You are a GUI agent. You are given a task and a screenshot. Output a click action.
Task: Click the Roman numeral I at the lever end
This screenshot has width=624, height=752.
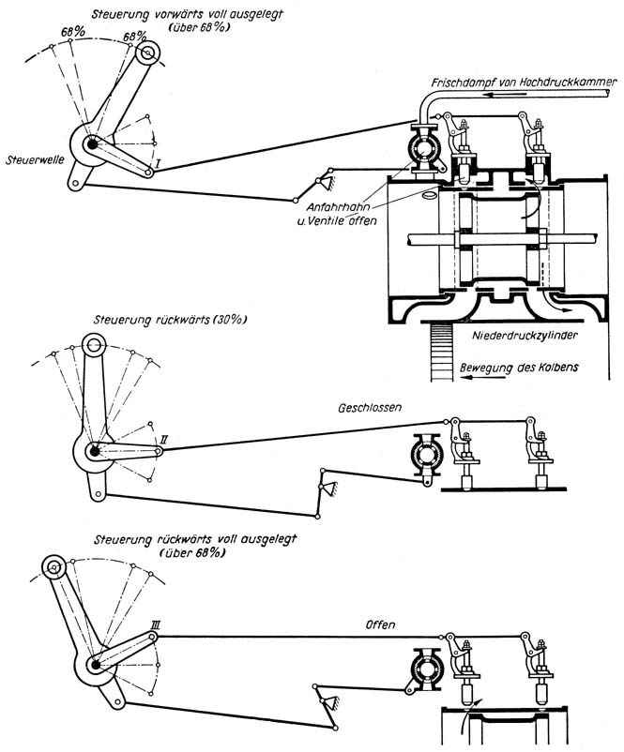coord(160,163)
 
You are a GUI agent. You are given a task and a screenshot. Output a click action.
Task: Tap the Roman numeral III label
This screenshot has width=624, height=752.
coord(157,622)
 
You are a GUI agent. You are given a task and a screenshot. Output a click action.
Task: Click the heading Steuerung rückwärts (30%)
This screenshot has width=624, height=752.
coord(170,319)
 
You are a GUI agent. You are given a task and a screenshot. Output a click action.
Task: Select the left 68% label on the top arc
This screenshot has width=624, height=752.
coord(71,32)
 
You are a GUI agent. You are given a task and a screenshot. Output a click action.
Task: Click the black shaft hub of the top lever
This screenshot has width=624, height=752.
coord(93,145)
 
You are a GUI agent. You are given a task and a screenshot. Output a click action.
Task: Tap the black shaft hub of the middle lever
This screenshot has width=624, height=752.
coord(94,451)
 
